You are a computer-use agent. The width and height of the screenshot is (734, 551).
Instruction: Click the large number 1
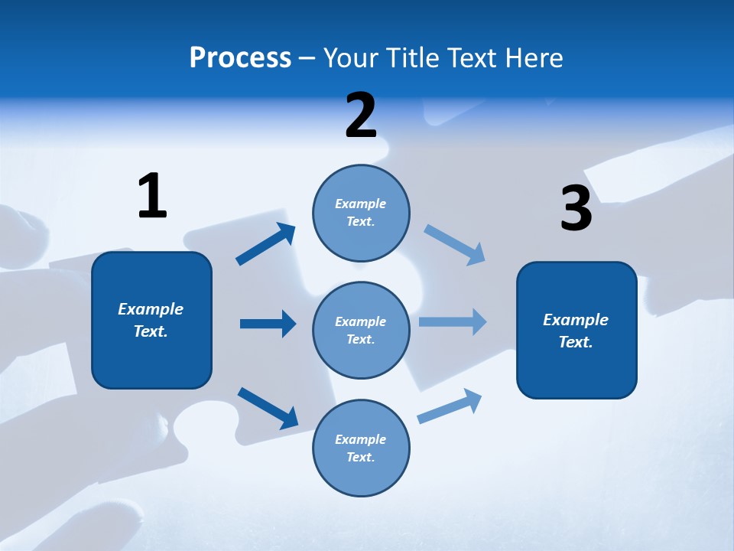152,196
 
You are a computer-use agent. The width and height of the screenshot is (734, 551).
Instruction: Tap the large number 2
361,116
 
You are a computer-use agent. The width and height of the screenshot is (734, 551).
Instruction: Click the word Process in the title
240,57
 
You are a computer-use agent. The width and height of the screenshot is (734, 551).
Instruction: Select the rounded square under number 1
151,320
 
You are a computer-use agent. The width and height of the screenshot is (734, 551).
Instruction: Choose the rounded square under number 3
576,330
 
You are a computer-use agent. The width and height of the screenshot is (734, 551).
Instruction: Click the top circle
361,213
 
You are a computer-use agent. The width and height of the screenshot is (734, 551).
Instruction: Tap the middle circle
361,330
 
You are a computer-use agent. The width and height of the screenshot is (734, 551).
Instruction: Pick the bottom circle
361,448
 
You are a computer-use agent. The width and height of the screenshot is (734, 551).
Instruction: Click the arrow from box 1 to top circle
266,244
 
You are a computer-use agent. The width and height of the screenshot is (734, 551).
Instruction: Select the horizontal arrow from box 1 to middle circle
268,324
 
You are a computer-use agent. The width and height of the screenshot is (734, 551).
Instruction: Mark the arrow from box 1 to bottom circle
268,408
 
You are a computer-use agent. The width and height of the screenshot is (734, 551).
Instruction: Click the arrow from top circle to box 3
454,245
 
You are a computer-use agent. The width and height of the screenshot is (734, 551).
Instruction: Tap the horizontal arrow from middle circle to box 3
452,321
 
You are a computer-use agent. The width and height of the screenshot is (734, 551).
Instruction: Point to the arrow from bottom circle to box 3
450,406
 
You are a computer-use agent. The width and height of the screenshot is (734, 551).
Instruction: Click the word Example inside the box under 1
151,309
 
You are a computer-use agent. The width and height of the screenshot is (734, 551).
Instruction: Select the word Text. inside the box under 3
576,342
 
